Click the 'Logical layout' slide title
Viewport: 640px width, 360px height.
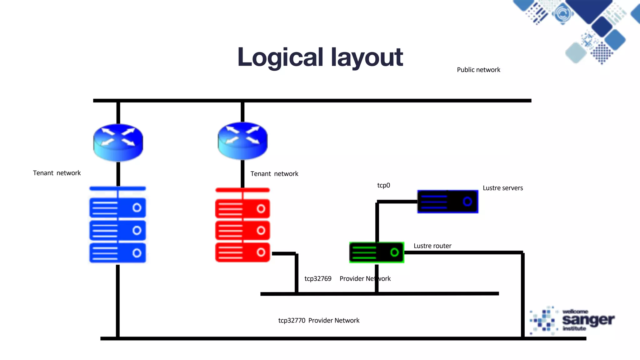(320, 57)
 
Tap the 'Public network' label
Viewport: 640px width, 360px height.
(478, 70)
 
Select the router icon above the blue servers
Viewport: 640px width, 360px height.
(118, 142)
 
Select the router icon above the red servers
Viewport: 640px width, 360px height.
(242, 141)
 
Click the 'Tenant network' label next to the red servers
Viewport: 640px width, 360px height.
(274, 174)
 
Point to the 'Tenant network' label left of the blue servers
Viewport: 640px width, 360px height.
(57, 173)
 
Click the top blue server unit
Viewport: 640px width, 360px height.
(117, 208)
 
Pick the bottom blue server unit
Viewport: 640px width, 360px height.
(117, 253)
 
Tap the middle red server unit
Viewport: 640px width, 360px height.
(242, 231)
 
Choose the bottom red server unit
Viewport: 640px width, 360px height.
(242, 252)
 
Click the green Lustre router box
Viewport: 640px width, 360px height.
(376, 252)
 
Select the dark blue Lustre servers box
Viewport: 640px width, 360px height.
(447, 202)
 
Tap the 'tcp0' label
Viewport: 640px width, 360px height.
(383, 185)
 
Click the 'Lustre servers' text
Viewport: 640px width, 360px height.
(502, 188)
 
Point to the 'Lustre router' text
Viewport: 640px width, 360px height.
(432, 246)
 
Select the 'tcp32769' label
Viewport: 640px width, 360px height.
(318, 279)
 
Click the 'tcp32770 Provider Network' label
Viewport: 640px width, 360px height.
(319, 321)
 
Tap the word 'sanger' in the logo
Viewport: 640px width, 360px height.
(588, 320)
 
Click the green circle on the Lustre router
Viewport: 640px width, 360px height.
(394, 252)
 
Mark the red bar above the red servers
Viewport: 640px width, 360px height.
(242, 190)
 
